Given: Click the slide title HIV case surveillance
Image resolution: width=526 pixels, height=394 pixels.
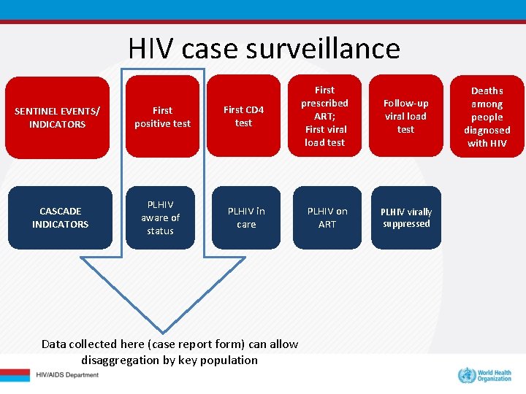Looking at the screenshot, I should pyautogui.click(x=264, y=48).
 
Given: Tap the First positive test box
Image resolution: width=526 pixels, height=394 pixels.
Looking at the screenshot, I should pyautogui.click(x=162, y=117).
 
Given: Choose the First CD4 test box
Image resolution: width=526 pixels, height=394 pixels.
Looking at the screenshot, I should pyautogui.click(x=243, y=117).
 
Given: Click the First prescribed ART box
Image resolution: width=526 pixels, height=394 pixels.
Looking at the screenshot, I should pyautogui.click(x=324, y=116).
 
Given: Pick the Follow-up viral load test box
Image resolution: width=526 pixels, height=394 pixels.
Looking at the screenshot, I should pyautogui.click(x=405, y=116).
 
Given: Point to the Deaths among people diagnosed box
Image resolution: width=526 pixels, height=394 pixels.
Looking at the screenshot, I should pyautogui.click(x=487, y=117).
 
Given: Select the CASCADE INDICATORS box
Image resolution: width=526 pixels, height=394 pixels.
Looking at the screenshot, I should pyautogui.click(x=60, y=217).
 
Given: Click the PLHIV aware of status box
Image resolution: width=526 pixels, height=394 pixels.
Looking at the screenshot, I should pyautogui.click(x=160, y=217).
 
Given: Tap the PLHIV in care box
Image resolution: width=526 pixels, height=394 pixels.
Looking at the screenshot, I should pyautogui.click(x=246, y=217).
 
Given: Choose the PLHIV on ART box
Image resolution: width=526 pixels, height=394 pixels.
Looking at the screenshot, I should pyautogui.click(x=327, y=217).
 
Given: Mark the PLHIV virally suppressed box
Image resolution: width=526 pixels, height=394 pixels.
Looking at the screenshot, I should pyautogui.click(x=406, y=217).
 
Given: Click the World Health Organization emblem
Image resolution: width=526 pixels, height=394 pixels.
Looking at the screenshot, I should pyautogui.click(x=465, y=376).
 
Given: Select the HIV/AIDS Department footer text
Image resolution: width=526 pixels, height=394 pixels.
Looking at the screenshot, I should pyautogui.click(x=67, y=375).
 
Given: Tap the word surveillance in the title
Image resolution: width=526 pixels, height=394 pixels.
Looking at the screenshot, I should pyautogui.click(x=323, y=48).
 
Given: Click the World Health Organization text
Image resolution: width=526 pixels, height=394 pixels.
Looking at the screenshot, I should pyautogui.click(x=495, y=376).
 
